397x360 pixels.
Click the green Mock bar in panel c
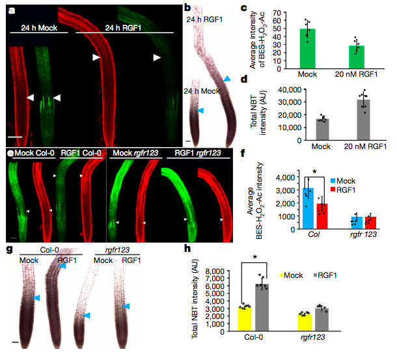coord(307,49)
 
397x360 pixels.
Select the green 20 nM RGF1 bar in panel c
coord(357,57)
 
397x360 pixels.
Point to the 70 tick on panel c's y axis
coord(277,12)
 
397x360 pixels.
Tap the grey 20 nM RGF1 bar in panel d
coord(363,120)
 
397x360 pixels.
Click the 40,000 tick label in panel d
coord(290,90)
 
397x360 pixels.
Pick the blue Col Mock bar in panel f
coord(308,208)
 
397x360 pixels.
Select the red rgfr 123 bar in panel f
coord(370,223)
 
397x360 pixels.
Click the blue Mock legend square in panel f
coord(333,181)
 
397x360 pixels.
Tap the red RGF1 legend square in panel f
coord(333,189)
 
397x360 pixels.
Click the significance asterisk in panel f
coord(314,172)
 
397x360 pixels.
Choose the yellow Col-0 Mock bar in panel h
coord(245,319)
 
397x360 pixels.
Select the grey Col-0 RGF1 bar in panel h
coord(262,307)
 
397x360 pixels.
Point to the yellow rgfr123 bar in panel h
coord(305,322)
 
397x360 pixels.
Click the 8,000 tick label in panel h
coord(215,271)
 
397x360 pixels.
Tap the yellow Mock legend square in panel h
coord(281,275)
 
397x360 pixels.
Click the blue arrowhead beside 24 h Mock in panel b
coord(200,110)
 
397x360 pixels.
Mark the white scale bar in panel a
coord(15,137)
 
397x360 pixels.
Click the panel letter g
coord(9,249)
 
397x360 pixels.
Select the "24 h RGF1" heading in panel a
coord(123,27)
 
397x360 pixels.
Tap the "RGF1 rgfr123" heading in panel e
coord(198,153)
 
